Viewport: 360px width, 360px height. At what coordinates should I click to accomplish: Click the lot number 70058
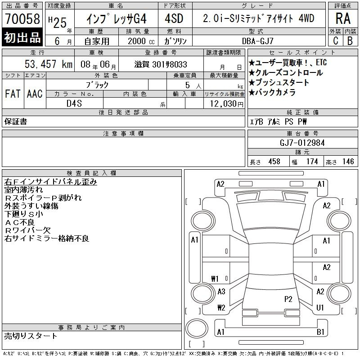click(x=22, y=18)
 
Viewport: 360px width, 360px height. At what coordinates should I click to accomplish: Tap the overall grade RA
click(x=343, y=18)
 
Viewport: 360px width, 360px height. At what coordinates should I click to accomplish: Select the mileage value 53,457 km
click(x=49, y=64)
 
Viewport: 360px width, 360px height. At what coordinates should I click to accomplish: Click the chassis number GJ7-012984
click(x=302, y=143)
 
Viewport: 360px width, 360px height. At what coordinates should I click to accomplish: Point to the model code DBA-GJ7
click(x=258, y=41)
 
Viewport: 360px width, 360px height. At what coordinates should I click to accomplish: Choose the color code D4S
click(x=74, y=103)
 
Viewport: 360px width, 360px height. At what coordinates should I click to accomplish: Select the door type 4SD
click(x=174, y=18)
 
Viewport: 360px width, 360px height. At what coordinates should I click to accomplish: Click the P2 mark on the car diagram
click(x=288, y=299)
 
